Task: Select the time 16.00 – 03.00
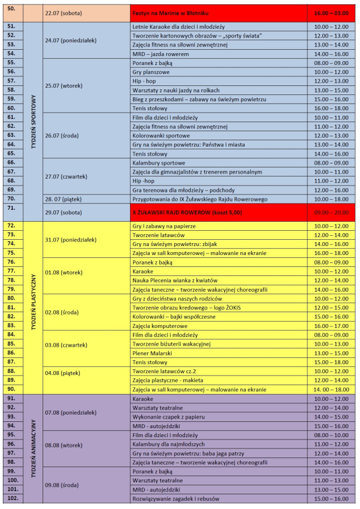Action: [331, 12]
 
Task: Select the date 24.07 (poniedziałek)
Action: [71, 40]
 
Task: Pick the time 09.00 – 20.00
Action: [331, 212]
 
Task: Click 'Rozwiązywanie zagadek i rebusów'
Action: [175, 498]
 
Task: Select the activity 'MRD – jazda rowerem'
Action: [160, 54]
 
